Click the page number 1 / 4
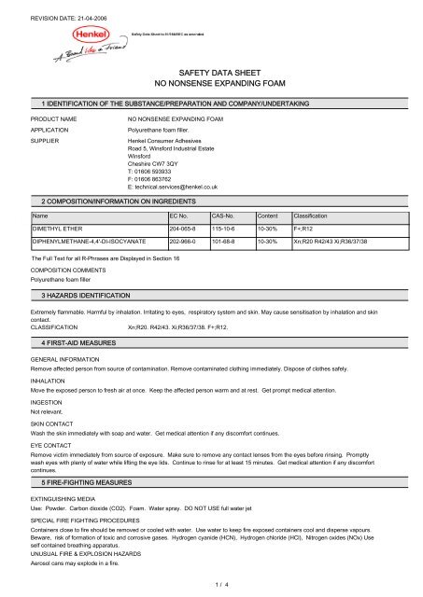(211, 583)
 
